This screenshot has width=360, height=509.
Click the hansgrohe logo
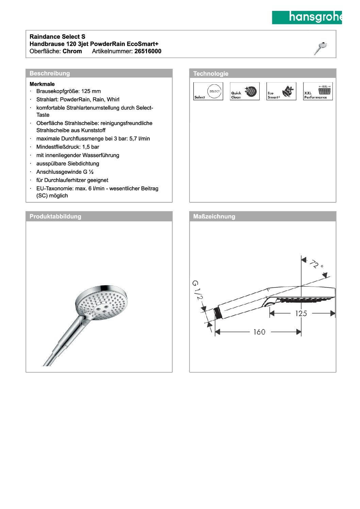tap(307, 17)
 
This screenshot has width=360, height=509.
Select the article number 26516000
tap(148, 51)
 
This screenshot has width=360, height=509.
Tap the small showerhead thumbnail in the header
tap(321, 48)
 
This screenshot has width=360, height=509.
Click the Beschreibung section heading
tap(50, 73)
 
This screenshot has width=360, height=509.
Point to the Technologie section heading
tap(211, 74)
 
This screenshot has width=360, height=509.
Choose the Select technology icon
tap(208, 91)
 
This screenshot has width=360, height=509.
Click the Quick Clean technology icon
tap(245, 91)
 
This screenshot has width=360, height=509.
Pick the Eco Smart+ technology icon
tap(281, 91)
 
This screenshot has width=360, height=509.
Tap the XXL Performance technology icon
tap(318, 91)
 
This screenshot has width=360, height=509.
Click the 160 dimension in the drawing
tap(259, 332)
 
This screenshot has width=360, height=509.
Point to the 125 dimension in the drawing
tap(301, 313)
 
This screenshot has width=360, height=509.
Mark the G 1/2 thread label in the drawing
tap(197, 290)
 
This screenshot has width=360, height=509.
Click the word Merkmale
tap(42, 84)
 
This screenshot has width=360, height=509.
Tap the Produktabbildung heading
tap(55, 217)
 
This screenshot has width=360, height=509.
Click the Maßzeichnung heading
tap(214, 217)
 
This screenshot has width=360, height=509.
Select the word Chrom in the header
tap(72, 51)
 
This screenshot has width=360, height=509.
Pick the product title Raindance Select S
tap(58, 37)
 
